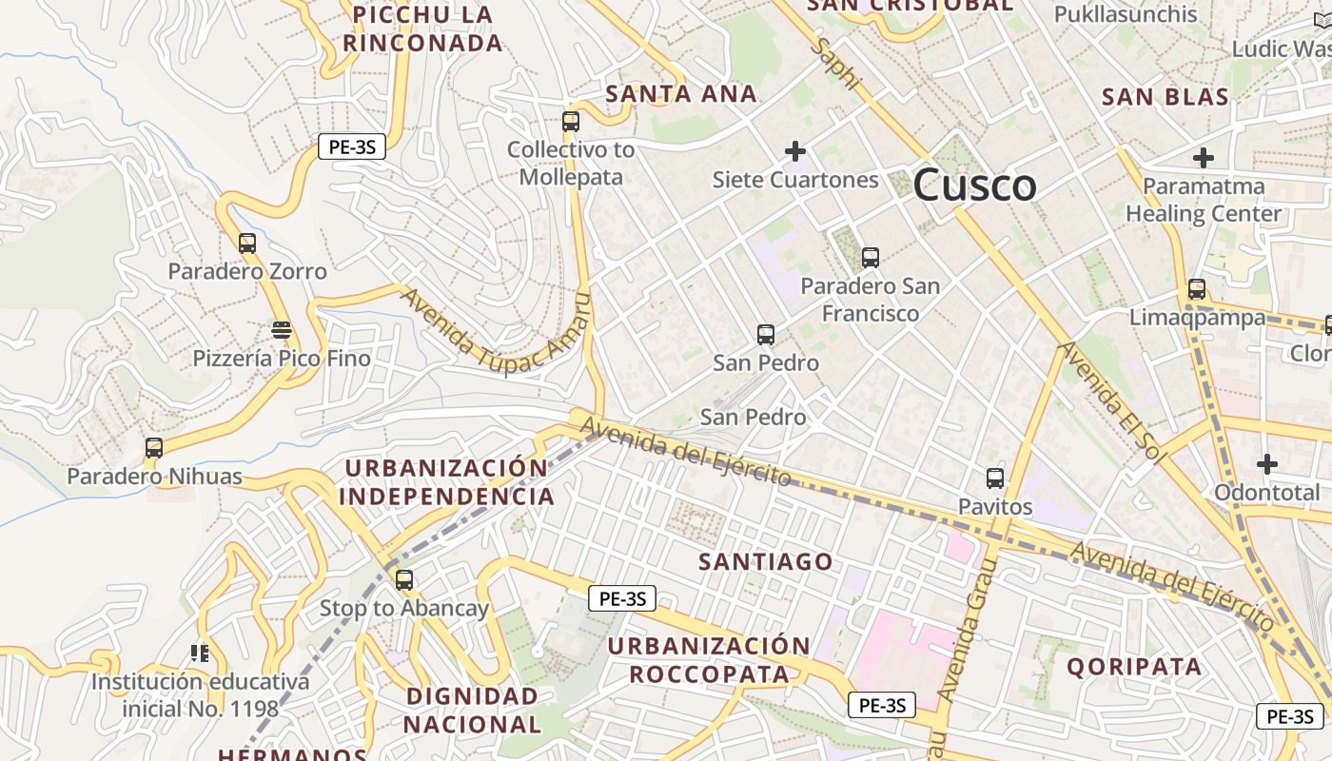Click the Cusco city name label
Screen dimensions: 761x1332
pos(974,185)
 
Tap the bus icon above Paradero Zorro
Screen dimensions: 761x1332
pos(247,243)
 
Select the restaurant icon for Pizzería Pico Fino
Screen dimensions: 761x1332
pos(281,330)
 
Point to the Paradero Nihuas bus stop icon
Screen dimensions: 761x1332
pos(154,447)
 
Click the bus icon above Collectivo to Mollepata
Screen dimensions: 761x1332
pos(571,122)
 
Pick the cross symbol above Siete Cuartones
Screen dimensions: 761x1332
pos(795,150)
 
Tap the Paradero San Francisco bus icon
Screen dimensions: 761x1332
pos(870,257)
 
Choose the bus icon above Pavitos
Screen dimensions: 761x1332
pos(995,478)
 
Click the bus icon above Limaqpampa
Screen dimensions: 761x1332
pos(1197,289)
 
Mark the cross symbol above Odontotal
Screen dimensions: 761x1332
pos(1266,464)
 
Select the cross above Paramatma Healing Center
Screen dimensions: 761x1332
pos(1204,158)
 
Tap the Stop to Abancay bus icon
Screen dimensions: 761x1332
pos(404,579)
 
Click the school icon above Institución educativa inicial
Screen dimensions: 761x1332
pos(200,653)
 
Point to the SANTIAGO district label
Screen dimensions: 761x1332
pos(766,561)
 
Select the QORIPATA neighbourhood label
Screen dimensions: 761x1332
pos(1134,666)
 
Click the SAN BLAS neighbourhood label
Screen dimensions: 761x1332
pos(1165,96)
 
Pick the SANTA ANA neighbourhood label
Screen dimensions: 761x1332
pos(681,93)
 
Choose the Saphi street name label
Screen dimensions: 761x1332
pos(836,65)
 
